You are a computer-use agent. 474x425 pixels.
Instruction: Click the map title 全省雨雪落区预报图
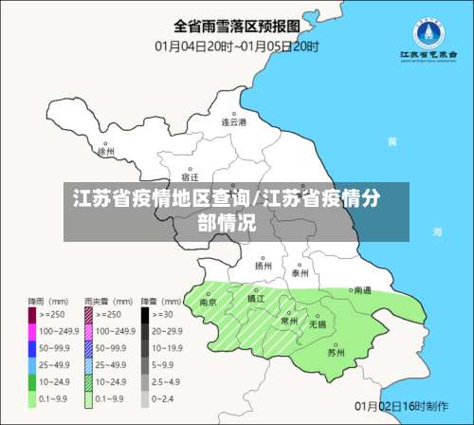[236, 25]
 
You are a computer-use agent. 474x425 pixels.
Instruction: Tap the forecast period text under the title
[236, 45]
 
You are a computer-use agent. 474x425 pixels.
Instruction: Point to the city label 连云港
[233, 122]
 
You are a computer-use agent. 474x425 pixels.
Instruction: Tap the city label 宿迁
[190, 177]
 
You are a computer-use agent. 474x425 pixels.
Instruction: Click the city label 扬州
[264, 266]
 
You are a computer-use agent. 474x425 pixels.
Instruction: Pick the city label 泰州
[301, 272]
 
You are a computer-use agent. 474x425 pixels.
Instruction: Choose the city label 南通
[361, 291]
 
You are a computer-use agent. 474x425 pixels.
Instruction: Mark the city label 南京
[208, 302]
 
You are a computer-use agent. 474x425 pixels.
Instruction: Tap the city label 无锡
[317, 324]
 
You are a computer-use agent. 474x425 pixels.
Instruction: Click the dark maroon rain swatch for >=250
[31, 313]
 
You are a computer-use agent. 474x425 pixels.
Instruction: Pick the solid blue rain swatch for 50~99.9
[31, 347]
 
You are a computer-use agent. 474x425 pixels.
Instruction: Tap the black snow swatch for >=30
[147, 313]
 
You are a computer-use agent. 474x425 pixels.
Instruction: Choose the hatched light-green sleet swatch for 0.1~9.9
[89, 400]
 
